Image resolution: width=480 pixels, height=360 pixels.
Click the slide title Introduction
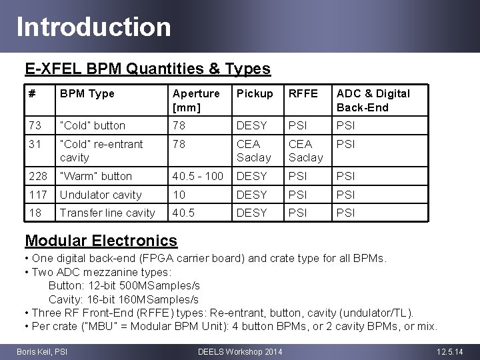(94, 27)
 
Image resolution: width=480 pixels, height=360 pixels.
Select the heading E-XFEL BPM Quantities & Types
(147, 69)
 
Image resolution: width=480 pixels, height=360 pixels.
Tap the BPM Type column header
(87, 93)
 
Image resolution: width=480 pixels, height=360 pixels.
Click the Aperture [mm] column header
(195, 100)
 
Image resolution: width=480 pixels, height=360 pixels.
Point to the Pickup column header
(255, 93)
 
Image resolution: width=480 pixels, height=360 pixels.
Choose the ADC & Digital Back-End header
(373, 100)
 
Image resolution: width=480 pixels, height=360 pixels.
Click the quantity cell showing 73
(34, 125)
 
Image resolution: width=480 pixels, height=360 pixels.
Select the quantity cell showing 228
(37, 176)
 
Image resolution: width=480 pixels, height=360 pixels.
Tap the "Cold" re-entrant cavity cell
(101, 151)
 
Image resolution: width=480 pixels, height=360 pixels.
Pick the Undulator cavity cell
(101, 195)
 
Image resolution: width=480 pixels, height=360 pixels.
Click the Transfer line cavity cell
(107, 213)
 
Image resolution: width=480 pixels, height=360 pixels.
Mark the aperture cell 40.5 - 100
(198, 176)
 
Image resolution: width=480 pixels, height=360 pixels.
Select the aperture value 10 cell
(179, 195)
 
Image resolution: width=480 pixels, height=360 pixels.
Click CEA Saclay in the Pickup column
(254, 151)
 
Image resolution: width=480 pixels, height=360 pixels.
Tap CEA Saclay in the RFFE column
(305, 151)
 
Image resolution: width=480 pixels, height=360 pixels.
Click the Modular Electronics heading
(101, 240)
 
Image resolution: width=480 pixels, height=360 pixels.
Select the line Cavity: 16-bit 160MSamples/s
(123, 299)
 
